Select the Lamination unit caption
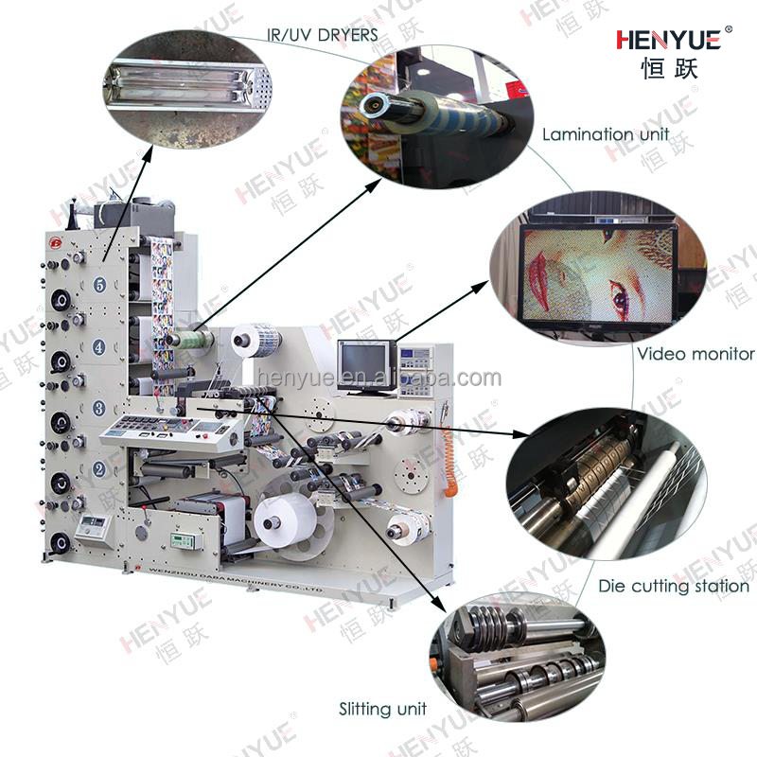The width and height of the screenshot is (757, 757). pyautogui.click(x=605, y=134)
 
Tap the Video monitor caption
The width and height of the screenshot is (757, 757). pyautogui.click(x=695, y=354)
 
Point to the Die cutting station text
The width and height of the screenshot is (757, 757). pyautogui.click(x=673, y=586)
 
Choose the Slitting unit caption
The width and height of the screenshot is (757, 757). pyautogui.click(x=383, y=708)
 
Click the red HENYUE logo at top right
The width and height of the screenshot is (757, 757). pyautogui.click(x=668, y=39)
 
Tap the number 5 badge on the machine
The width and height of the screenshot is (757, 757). pyautogui.click(x=99, y=284)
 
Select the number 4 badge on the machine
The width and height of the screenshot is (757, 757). pyautogui.click(x=99, y=346)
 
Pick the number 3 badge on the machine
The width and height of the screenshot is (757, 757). pyautogui.click(x=99, y=408)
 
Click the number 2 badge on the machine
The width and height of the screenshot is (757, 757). pyautogui.click(x=99, y=468)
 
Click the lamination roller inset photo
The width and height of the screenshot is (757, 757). pyautogui.click(x=431, y=109)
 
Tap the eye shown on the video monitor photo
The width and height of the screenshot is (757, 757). pyautogui.click(x=620, y=301)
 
